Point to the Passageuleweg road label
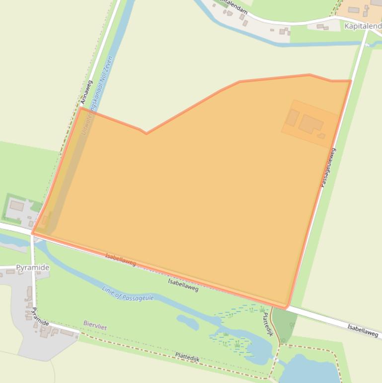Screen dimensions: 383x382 tap(327, 168)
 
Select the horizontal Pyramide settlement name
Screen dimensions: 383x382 tap(33, 268)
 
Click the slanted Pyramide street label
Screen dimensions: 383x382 tap(40, 317)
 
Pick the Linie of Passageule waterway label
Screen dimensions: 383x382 tap(128, 293)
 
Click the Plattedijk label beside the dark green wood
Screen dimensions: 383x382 tap(268, 324)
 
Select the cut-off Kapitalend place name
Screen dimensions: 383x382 tap(363, 25)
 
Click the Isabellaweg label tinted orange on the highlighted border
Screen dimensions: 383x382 tap(120, 259)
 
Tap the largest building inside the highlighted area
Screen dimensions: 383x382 tap(310, 124)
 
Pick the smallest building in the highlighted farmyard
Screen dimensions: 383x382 tap(321, 136)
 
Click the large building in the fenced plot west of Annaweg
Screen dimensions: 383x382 tap(17, 205)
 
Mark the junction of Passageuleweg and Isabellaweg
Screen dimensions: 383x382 tap(289, 306)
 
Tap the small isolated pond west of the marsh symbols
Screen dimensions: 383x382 tap(188, 322)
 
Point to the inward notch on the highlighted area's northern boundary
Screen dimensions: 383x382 tap(146, 133)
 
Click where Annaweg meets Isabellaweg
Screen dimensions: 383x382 tap(33, 233)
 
